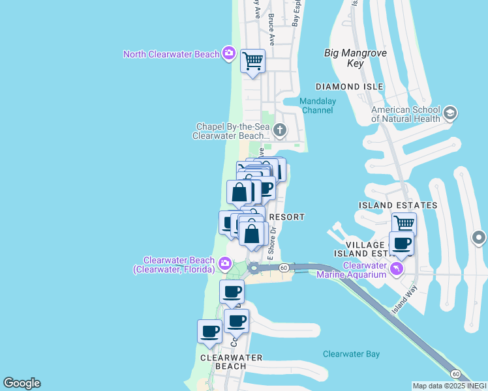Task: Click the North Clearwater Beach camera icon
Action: click(228, 53)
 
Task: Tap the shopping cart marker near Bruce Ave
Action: click(252, 62)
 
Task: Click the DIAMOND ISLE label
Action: click(349, 87)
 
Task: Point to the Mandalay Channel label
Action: click(316, 106)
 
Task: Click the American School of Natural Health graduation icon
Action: click(450, 115)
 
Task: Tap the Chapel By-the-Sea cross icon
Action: click(280, 130)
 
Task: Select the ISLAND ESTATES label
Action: click(398, 205)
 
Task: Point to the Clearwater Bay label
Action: click(351, 354)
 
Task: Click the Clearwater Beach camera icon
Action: click(225, 264)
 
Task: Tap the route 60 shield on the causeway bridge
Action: click(284, 267)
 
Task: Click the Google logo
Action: click(22, 383)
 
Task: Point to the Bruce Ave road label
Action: click(270, 31)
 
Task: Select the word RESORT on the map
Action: click(287, 216)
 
